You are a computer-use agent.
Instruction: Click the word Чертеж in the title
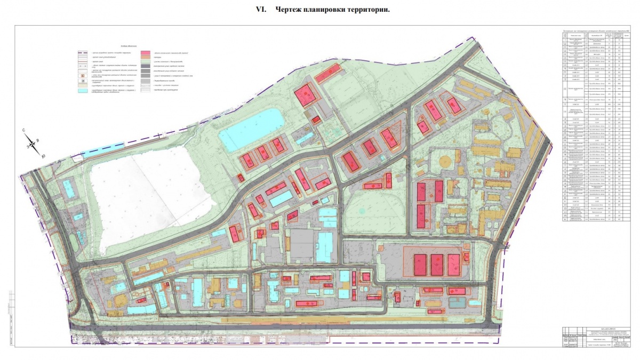(291, 10)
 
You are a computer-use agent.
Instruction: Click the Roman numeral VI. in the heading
(262, 10)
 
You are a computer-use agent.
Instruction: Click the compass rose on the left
(34, 143)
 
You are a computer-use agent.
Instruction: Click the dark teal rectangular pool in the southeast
(458, 302)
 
